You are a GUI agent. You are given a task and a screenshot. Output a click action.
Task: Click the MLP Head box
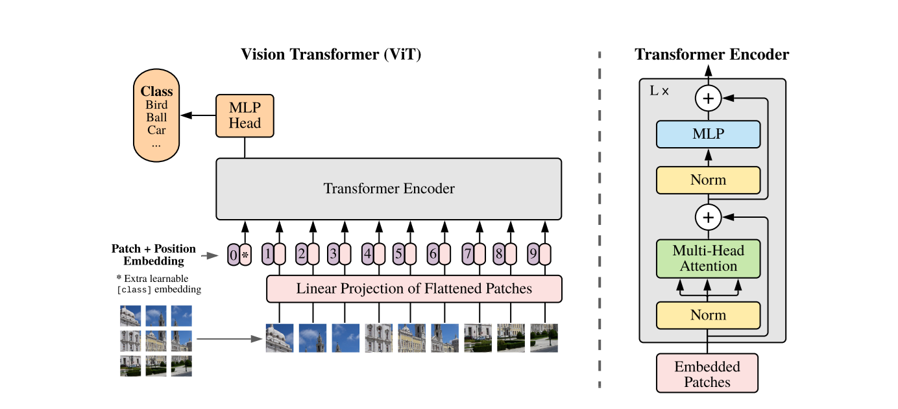[245, 116]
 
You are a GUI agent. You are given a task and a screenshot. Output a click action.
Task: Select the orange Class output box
[156, 117]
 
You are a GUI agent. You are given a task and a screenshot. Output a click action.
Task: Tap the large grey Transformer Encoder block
[389, 189]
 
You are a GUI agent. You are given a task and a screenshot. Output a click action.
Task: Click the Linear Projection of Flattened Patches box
[414, 288]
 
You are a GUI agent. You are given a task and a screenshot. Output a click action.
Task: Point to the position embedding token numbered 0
[234, 255]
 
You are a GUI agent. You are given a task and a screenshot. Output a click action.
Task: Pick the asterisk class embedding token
[245, 255]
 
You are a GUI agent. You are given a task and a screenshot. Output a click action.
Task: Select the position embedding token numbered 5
[398, 254]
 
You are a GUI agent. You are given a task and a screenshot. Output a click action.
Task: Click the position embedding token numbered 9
[533, 254]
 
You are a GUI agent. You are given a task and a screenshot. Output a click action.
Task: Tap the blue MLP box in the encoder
[708, 134]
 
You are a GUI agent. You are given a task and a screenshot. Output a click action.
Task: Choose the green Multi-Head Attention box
[708, 258]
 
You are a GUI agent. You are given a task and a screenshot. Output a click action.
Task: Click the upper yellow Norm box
[708, 180]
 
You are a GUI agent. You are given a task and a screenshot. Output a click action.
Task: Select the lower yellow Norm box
[708, 315]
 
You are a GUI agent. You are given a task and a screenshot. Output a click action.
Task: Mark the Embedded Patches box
[707, 373]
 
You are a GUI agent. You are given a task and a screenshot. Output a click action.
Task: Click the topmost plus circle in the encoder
[708, 99]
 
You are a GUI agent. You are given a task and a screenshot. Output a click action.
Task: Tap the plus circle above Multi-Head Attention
[708, 218]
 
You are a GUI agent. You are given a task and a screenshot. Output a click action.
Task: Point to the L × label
[659, 91]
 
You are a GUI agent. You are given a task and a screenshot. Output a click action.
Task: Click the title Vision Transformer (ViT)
[331, 54]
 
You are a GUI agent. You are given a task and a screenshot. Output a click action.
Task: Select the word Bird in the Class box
[156, 105]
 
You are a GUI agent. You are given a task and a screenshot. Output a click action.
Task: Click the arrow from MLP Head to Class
[198, 116]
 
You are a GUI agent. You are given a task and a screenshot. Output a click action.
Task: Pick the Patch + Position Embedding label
[154, 255]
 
